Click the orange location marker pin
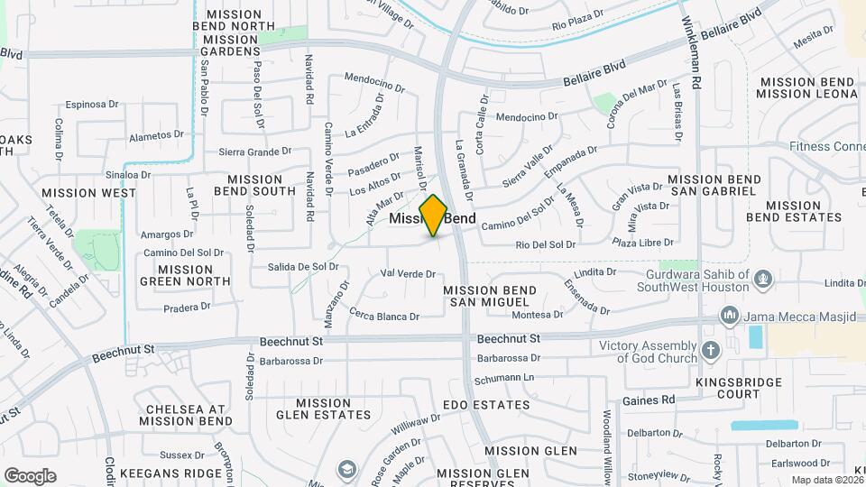click(x=433, y=216)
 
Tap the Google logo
click(x=30, y=475)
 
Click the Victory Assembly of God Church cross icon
click(x=710, y=351)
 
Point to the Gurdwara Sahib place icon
click(x=763, y=279)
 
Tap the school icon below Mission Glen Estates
click(x=346, y=469)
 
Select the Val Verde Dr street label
click(x=409, y=273)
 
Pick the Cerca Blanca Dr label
click(x=384, y=317)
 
